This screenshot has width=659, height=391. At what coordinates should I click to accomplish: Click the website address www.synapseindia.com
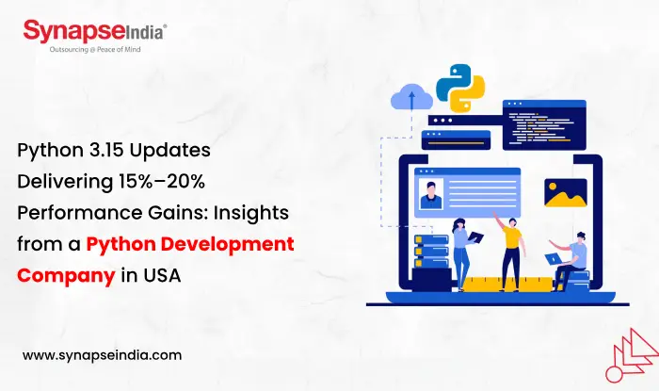[x=102, y=355]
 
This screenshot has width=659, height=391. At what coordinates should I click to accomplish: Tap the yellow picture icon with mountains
[x=565, y=192]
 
